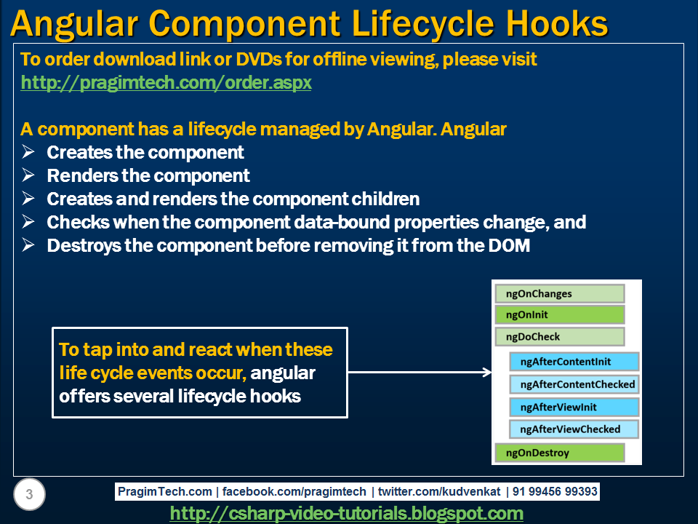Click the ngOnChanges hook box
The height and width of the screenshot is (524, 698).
560,293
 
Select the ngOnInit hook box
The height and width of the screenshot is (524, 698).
560,314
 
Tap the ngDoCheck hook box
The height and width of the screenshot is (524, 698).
560,336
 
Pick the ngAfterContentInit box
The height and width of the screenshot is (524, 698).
574,362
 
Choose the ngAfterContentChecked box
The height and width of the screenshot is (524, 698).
574,384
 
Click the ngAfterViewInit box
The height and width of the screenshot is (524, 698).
574,407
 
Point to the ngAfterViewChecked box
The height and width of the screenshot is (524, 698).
574,429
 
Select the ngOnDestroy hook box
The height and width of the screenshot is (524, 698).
560,453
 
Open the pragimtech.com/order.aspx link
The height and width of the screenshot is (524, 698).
166,83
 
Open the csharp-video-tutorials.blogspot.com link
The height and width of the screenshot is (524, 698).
347,513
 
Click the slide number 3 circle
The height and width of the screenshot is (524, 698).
29,494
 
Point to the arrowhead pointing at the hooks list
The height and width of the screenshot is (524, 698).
487,372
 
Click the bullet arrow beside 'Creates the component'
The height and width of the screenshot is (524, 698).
28,152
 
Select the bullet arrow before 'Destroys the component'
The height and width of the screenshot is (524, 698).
28,245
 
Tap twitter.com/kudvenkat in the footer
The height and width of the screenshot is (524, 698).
439,491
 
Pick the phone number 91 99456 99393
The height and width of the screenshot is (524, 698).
555,491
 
